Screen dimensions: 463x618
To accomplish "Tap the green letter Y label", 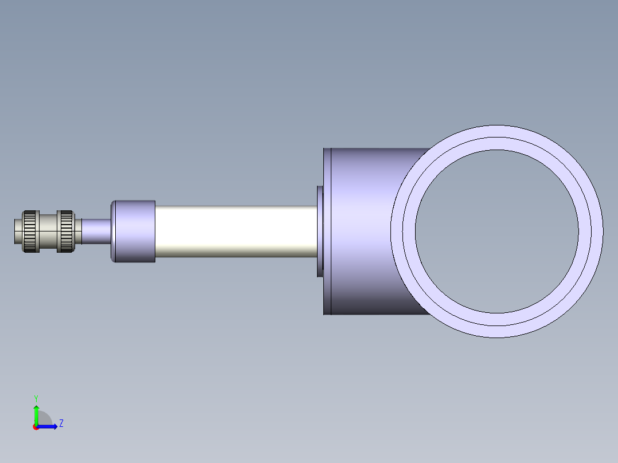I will tap(36, 398).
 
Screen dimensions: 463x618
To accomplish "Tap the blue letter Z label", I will tap(61, 424).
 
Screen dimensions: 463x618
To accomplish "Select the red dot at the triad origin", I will tap(36, 427).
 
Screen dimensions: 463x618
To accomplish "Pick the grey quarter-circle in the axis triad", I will tap(44, 420).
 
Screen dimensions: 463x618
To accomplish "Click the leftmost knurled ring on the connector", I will tap(30, 231).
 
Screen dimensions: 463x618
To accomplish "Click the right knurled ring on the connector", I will tap(65, 231).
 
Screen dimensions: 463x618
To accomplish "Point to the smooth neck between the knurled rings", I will tap(48, 231).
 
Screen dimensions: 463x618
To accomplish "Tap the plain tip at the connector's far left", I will tap(18, 231).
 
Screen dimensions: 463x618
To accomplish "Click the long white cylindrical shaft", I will tap(235, 231).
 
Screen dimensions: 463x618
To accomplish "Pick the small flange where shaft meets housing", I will tap(320, 231).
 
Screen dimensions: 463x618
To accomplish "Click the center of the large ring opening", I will tap(496, 231).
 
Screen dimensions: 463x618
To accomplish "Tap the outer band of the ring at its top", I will tap(496, 131).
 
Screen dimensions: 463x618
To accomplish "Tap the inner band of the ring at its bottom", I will tap(496, 319).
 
